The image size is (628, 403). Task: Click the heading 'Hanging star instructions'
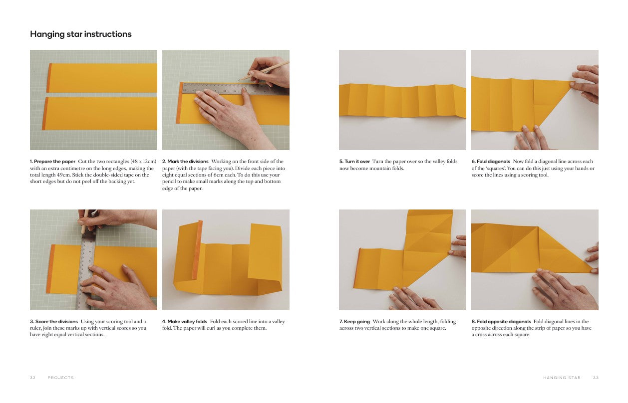point(81,34)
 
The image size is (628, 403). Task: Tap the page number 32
point(33,378)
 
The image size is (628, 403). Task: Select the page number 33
point(596,378)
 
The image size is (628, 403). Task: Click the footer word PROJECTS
point(61,378)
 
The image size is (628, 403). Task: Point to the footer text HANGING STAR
point(562,378)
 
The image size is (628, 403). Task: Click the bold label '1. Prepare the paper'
point(53,162)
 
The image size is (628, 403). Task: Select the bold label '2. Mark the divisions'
point(185,162)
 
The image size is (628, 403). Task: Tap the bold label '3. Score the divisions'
point(54,322)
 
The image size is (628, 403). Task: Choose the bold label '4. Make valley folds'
point(185,322)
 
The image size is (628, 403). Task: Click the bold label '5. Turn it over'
point(354,162)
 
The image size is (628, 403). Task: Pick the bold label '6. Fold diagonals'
point(491,162)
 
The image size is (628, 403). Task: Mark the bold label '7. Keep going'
point(354,322)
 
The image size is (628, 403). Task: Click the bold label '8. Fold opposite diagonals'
point(501,322)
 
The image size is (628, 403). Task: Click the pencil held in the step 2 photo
point(264,71)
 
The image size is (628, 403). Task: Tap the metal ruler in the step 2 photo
point(236,89)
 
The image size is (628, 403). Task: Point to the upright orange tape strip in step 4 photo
point(197,250)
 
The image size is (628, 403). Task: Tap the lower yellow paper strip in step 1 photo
point(99,113)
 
